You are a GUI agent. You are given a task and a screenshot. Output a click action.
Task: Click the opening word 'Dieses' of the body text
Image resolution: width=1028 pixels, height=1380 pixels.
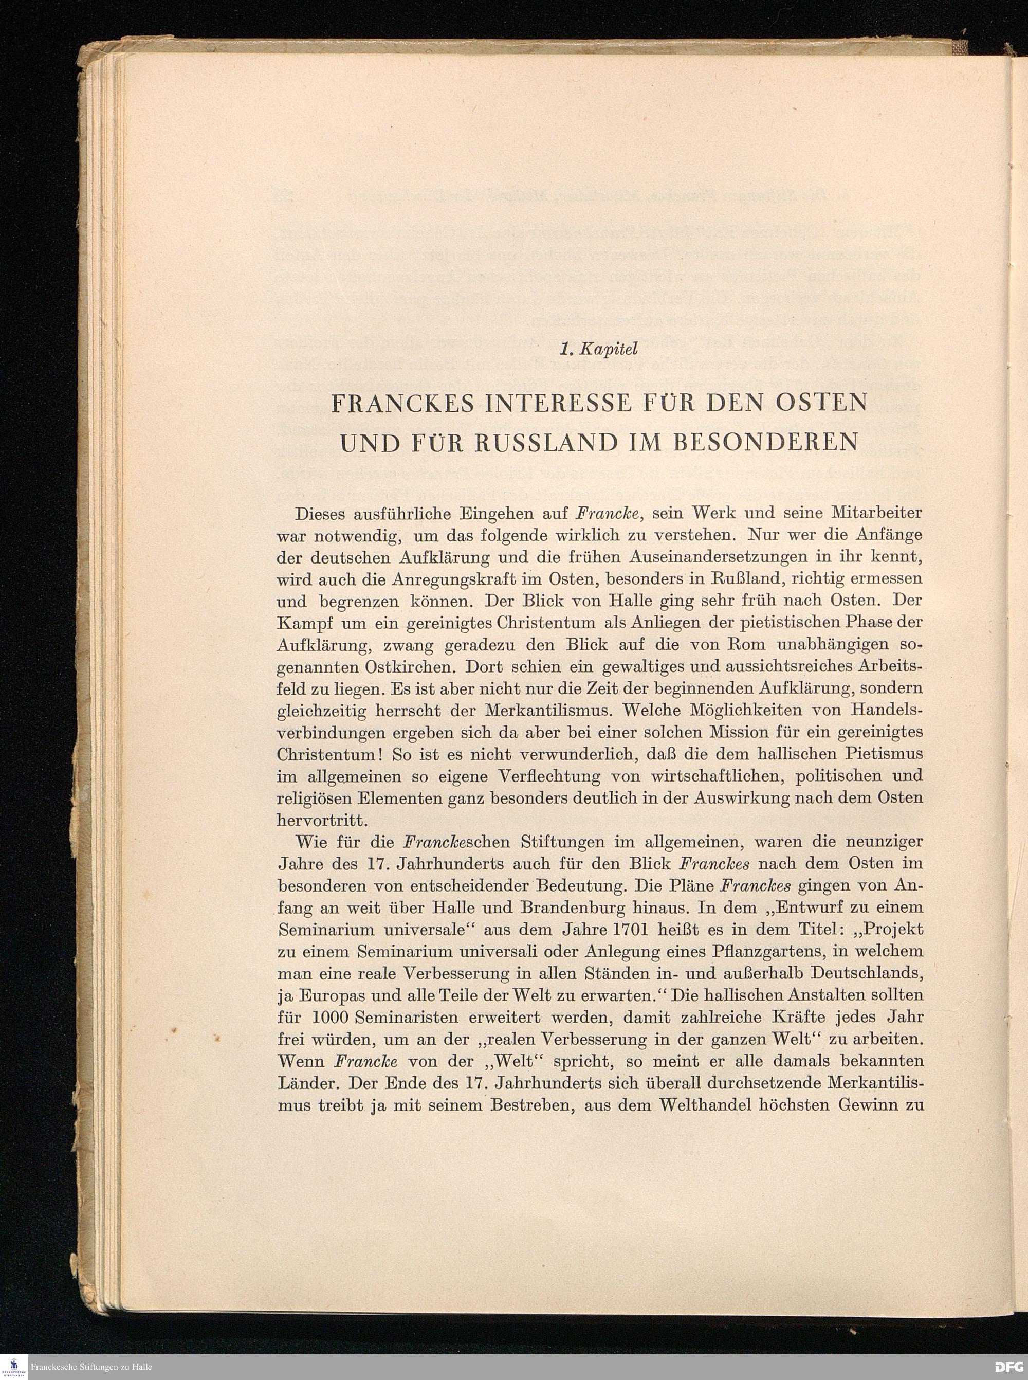coord(325,514)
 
